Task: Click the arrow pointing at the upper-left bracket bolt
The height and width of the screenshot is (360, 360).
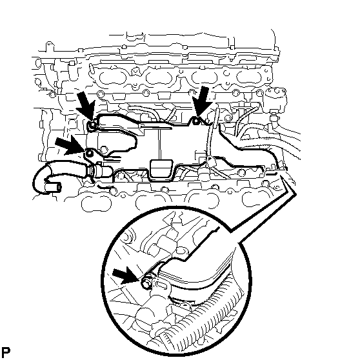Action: (86, 106)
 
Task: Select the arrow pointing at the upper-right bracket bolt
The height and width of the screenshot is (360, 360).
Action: (201, 102)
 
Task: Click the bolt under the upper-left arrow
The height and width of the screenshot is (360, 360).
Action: (92, 125)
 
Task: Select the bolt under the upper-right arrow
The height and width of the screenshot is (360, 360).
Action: (196, 121)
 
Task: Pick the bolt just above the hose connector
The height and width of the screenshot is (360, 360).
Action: (89, 153)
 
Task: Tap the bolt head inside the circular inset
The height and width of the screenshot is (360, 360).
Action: (146, 282)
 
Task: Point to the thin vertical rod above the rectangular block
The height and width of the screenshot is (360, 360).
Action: (159, 144)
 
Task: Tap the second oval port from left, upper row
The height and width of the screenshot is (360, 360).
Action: (159, 78)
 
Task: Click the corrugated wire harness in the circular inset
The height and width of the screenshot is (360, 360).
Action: (195, 321)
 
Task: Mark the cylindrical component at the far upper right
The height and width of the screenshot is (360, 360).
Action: (275, 99)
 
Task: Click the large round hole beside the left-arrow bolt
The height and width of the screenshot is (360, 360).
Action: (104, 150)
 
